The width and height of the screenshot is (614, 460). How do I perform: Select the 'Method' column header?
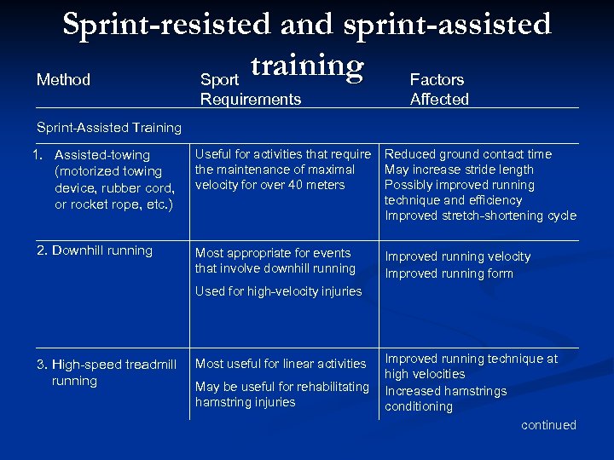point(63,80)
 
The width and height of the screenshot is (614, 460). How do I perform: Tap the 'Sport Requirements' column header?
point(250,89)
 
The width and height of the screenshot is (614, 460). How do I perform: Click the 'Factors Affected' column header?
point(438,89)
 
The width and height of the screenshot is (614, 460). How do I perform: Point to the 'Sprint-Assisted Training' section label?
point(109,128)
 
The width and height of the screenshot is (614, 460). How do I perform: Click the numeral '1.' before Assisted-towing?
point(38,155)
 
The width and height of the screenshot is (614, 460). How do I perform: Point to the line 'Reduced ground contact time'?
point(468,154)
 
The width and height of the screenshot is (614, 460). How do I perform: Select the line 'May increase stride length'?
point(459,170)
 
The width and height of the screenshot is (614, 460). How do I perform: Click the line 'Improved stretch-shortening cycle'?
point(480,216)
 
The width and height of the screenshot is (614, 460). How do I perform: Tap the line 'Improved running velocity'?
point(457,256)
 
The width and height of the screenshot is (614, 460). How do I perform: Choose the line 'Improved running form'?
point(449,273)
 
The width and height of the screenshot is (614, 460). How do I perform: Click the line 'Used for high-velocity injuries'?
point(278,291)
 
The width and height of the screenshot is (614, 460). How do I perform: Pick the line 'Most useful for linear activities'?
point(281,364)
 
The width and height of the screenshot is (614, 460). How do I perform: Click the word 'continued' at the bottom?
point(548,425)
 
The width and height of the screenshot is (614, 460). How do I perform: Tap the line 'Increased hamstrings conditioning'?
point(445,399)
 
